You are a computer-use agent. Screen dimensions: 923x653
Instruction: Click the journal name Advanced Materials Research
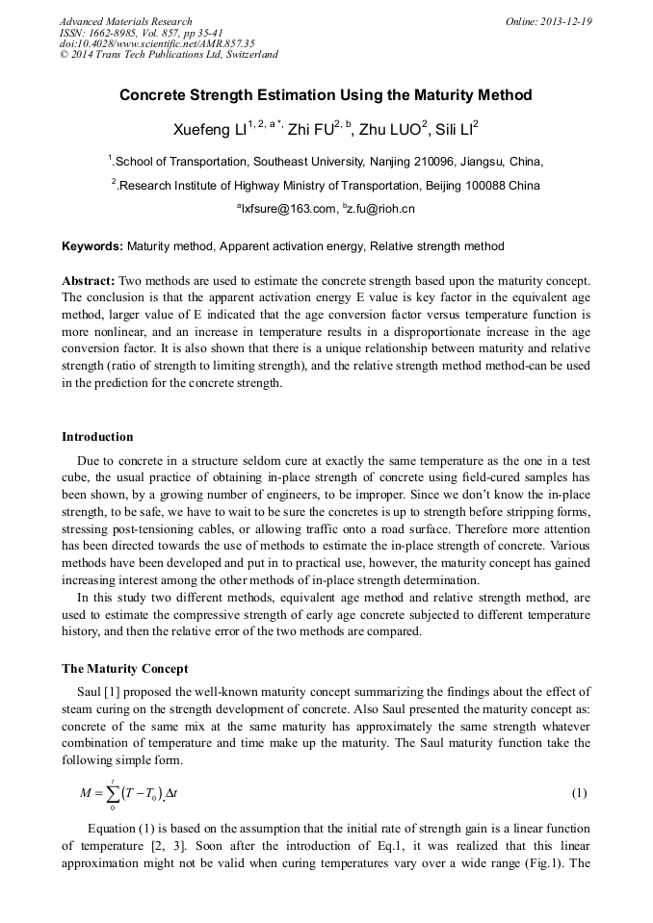click(x=126, y=21)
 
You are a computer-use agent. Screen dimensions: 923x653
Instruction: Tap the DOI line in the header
click(x=157, y=43)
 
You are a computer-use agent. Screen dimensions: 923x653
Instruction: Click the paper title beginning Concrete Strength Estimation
click(x=326, y=95)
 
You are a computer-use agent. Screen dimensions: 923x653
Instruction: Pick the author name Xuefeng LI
click(x=209, y=129)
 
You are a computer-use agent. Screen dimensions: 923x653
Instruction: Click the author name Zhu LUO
click(x=393, y=129)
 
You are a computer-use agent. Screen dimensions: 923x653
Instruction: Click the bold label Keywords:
click(x=92, y=246)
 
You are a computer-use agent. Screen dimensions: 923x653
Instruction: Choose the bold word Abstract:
click(x=89, y=280)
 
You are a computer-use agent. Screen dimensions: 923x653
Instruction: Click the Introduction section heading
click(x=97, y=437)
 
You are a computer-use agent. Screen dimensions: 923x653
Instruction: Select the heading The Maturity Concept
click(x=125, y=669)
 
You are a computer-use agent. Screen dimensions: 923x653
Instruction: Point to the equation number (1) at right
click(x=579, y=793)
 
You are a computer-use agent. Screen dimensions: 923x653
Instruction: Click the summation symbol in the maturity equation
click(x=114, y=794)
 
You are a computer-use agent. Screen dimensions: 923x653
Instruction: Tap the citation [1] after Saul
click(x=105, y=691)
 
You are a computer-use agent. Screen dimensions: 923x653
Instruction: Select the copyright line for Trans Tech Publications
click(x=169, y=55)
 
